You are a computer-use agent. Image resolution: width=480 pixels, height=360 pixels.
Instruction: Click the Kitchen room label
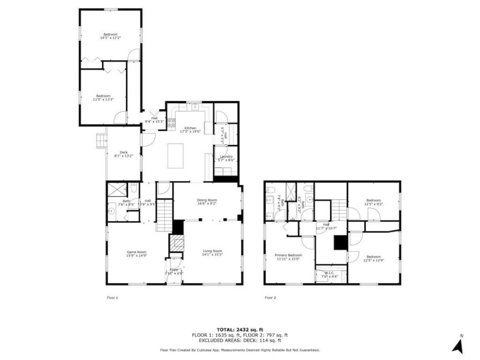click(190, 130)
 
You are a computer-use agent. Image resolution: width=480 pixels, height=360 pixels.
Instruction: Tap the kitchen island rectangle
click(176, 156)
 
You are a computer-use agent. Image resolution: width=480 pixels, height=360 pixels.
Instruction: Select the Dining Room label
click(207, 202)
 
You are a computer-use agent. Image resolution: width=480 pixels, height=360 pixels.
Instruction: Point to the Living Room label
click(212, 253)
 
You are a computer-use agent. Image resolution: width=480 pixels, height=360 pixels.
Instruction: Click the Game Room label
click(136, 254)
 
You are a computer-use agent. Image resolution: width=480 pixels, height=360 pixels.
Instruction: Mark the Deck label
click(123, 154)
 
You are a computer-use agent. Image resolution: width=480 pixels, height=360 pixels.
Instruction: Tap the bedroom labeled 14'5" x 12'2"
click(110, 36)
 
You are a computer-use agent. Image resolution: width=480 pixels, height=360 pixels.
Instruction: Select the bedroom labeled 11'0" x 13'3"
click(103, 97)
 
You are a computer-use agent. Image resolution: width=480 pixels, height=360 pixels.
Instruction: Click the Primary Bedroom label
click(288, 256)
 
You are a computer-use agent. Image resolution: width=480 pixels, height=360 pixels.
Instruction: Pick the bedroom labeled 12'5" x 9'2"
click(373, 202)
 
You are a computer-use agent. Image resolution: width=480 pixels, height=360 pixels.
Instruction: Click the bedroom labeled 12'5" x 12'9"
click(373, 258)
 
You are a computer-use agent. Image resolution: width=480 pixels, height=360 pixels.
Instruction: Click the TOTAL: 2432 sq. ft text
click(240, 330)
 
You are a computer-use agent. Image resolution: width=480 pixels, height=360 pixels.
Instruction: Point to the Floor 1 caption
click(112, 297)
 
